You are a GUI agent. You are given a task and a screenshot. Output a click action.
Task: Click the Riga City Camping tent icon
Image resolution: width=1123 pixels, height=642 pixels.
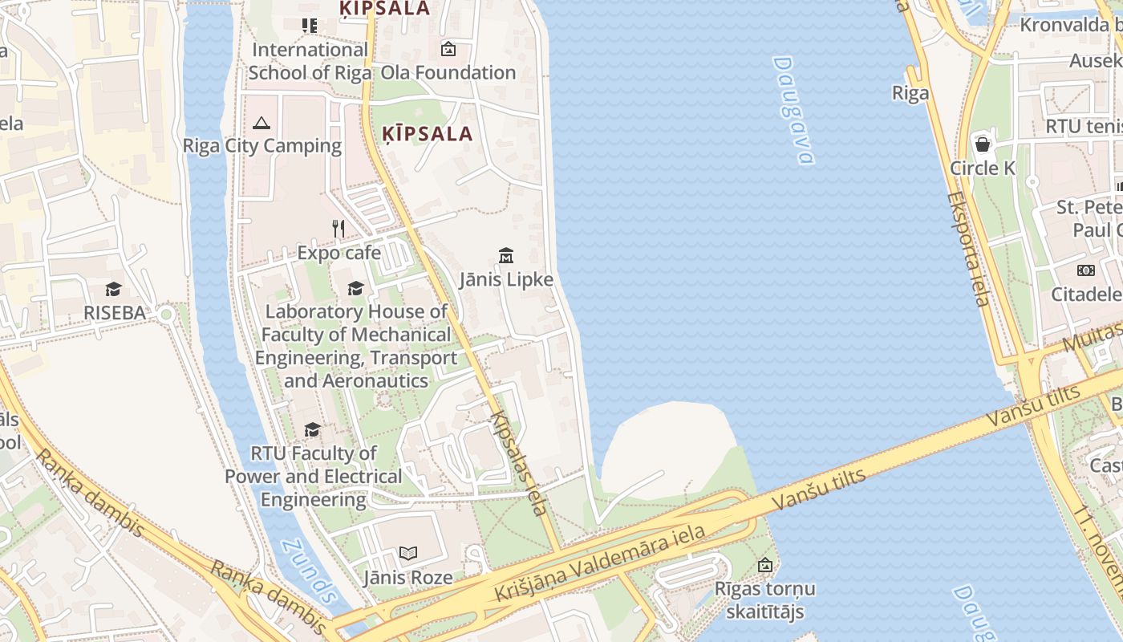coord(261,123)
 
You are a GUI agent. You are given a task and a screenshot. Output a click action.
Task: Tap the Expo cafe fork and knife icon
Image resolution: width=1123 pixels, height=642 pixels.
coord(339,230)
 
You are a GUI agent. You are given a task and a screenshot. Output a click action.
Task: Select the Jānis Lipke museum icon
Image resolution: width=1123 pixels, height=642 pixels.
coord(506,256)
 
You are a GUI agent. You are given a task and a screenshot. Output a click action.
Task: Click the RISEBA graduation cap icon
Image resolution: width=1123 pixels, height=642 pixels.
coord(113,289)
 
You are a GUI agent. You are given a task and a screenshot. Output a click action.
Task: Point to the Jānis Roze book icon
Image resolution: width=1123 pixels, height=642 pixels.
coord(408,554)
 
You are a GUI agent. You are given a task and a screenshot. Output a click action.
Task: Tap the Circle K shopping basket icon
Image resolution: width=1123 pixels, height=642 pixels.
coord(983,144)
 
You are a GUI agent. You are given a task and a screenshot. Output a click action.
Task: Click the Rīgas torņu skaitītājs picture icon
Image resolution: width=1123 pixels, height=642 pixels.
coord(765,565)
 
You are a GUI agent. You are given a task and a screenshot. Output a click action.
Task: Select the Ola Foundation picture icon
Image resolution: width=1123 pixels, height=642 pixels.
coord(448,49)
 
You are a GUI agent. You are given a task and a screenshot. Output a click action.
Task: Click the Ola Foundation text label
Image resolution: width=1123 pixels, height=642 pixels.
coord(448,72)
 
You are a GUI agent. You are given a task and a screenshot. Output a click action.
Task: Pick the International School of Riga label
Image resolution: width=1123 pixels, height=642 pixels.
coord(310,61)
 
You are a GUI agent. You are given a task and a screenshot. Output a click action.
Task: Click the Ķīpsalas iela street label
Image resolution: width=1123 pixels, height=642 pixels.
coord(521,463)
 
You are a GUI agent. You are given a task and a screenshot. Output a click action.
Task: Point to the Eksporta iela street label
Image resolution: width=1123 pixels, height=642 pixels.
coord(967,249)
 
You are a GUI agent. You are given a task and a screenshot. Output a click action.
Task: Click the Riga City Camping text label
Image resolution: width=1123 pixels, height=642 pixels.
coord(262,146)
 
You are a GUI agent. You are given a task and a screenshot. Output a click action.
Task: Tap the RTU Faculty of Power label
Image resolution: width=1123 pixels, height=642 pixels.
coord(313,476)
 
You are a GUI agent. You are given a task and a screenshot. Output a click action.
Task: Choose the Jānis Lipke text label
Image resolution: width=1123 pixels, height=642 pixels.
coord(506,279)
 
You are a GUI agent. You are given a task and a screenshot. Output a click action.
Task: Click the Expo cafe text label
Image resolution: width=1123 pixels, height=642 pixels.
coord(339,253)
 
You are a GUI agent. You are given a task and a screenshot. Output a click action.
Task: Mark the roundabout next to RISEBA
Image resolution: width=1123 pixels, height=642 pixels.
coord(166,314)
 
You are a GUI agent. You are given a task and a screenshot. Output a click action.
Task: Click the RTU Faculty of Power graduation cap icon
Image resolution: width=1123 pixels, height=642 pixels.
coord(313,430)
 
